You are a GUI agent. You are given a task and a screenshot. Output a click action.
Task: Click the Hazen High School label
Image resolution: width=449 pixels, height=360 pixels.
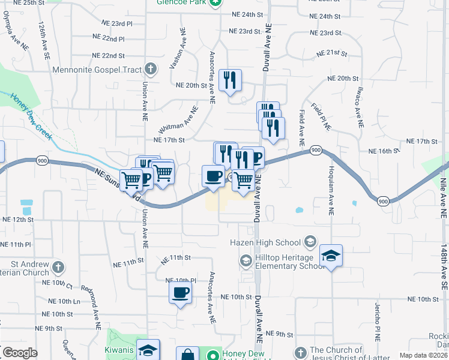click(x=265, y=242)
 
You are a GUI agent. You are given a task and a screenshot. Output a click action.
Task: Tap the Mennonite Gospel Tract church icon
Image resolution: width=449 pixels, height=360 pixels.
click(x=151, y=69)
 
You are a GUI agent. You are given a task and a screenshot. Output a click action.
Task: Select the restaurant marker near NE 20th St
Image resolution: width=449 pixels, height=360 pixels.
click(x=230, y=80)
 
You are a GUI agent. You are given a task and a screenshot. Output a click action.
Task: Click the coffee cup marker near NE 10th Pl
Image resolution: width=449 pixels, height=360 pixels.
click(x=179, y=293)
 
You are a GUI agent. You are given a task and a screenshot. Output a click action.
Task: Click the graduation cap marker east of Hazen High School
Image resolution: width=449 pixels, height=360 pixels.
click(x=331, y=256)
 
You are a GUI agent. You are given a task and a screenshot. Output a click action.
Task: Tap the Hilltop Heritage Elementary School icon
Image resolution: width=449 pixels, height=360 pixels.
click(x=246, y=260)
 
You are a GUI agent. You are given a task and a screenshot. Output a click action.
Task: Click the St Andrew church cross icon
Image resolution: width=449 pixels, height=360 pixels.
click(x=58, y=266)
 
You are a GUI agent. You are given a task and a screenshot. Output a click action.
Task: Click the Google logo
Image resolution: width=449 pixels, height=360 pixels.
click(x=20, y=352)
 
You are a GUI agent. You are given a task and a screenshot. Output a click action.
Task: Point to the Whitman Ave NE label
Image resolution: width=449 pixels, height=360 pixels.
click(x=178, y=121)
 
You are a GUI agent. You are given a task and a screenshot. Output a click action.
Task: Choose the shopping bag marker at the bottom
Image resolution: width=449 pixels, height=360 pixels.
click(x=187, y=354)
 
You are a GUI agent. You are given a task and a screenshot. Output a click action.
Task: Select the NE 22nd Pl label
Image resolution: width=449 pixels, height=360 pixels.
click(x=109, y=38)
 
